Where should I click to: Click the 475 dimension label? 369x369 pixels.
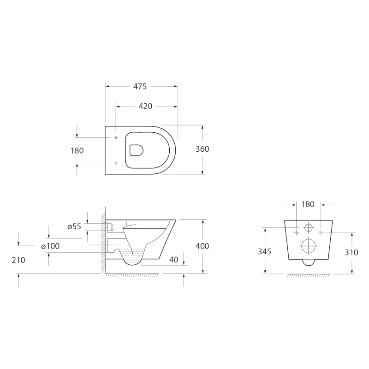pos(140,86)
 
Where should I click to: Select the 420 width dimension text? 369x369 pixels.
pos(145,107)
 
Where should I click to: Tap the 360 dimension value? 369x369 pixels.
pos(202,149)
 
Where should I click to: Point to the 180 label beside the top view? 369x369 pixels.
pos(77,151)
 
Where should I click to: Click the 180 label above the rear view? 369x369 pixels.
pos(308,204)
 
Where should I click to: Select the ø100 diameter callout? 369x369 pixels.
pos(50,246)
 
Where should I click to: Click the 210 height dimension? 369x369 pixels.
pos(19,260)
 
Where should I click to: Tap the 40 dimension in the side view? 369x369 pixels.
pos(173,260)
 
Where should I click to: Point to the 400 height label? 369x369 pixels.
pos(202,246)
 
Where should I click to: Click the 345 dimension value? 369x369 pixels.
pos(265,251)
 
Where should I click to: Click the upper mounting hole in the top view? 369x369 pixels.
pos(116,137)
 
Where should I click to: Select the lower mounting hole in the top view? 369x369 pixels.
pos(116,163)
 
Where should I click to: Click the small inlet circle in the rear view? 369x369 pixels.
pos(308,228)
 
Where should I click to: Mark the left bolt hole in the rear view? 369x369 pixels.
pos(296,232)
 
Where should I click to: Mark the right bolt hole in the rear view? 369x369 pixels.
pos(320,232)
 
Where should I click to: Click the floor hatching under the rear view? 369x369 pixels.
pos(308,276)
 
